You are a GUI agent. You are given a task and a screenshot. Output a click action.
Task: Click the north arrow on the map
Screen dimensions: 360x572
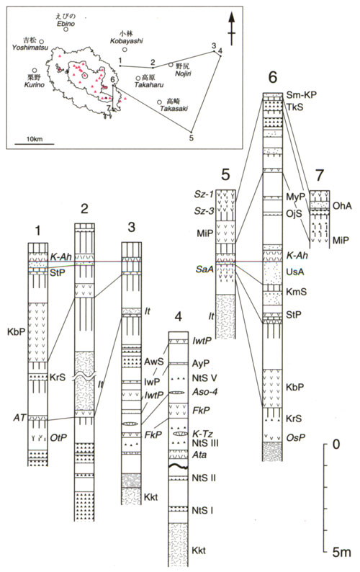(231, 28)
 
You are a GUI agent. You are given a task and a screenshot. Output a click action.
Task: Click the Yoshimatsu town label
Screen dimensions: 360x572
(30, 48)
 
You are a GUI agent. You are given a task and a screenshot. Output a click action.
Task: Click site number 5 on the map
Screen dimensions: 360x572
(192, 138)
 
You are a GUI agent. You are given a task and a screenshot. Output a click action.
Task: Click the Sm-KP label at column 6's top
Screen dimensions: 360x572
(301, 95)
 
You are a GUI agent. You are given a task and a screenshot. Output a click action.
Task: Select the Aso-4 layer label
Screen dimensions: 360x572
(206, 392)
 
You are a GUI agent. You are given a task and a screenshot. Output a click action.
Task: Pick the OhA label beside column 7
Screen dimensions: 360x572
(342, 206)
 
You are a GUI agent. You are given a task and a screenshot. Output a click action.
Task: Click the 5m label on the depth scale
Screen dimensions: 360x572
(341, 552)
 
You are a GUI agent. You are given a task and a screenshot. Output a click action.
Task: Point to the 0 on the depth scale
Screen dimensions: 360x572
(336, 444)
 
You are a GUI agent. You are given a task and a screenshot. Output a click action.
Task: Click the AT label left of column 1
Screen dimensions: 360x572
(19, 417)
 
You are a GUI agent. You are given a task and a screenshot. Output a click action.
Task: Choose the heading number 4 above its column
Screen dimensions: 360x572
(178, 317)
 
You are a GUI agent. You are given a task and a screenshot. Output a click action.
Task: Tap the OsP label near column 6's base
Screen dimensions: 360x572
(294, 437)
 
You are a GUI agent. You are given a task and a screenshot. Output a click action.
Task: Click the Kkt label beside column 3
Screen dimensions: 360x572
(151, 497)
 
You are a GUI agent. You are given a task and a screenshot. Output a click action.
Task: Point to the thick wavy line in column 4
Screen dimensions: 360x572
(179, 467)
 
